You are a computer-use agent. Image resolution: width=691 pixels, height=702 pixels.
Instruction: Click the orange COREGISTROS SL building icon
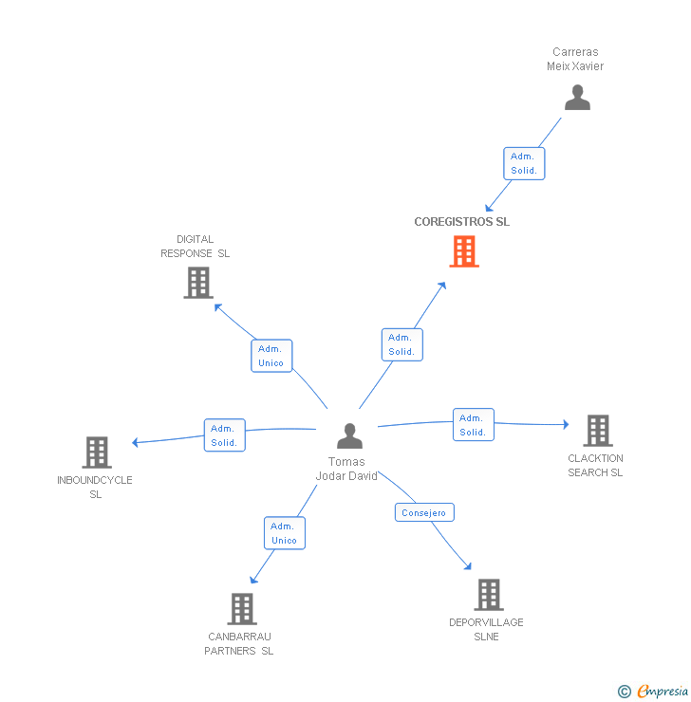[x=463, y=251]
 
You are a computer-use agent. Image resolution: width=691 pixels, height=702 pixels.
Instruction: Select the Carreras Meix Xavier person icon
[x=577, y=98]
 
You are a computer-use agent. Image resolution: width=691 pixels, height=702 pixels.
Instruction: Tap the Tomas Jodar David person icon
[x=349, y=436]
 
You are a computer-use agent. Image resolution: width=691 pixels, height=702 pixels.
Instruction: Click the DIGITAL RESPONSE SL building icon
[x=197, y=283]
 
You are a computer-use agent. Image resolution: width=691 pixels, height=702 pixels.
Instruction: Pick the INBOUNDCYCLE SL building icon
[x=96, y=453]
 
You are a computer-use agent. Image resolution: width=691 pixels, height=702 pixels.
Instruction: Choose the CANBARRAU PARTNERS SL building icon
[x=242, y=609]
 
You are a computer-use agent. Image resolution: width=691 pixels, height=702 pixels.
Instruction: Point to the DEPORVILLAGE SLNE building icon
[x=488, y=595]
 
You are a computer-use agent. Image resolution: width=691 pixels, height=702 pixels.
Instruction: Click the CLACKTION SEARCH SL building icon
[x=597, y=431]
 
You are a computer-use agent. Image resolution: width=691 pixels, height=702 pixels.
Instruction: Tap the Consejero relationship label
[x=423, y=512]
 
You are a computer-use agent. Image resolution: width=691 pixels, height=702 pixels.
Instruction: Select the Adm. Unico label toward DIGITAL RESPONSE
[x=271, y=356]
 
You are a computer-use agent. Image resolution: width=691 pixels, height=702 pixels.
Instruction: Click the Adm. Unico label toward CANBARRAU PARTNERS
[x=284, y=533]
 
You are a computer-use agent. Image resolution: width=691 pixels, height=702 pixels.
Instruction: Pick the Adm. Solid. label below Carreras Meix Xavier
[x=524, y=163]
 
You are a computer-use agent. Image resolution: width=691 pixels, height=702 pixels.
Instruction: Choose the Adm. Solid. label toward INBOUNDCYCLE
[x=225, y=435]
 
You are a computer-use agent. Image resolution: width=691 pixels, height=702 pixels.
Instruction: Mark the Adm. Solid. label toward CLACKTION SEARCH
[x=473, y=424]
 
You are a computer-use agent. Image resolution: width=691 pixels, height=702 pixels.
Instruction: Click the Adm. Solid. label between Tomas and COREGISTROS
[x=402, y=344]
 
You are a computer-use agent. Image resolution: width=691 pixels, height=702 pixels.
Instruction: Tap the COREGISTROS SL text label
[x=461, y=222]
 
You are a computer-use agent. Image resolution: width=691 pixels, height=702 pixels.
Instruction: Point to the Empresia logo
[x=662, y=692]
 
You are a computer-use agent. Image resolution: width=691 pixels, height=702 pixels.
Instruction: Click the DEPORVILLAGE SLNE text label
[x=486, y=629]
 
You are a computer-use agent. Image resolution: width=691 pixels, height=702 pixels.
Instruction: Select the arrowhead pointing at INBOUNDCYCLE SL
[x=136, y=442]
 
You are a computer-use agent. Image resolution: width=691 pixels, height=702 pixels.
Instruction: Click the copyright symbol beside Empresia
[x=624, y=692]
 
